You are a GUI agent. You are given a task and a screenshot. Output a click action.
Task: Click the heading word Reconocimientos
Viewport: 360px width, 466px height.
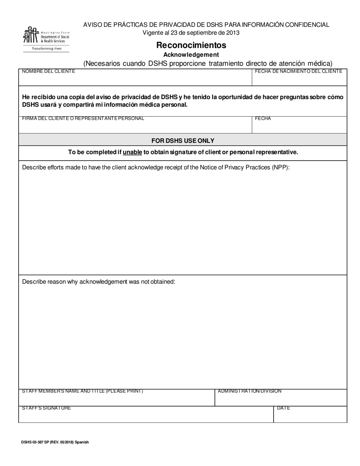click(x=191, y=45)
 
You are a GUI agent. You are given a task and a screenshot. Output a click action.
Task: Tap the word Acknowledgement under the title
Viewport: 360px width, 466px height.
click(x=191, y=55)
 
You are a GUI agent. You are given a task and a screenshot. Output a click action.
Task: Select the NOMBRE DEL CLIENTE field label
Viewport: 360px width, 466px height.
click(x=49, y=71)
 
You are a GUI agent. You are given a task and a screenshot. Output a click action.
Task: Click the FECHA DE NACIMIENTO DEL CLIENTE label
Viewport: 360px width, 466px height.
click(x=299, y=71)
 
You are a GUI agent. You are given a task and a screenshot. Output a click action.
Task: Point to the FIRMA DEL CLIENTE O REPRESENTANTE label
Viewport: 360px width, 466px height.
click(x=83, y=119)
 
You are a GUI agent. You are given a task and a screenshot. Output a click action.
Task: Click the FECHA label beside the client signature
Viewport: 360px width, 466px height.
click(x=263, y=119)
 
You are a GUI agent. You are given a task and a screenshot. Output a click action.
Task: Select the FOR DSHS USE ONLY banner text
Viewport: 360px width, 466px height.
click(x=183, y=141)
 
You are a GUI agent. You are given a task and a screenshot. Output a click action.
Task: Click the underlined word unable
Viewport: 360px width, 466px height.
click(x=132, y=152)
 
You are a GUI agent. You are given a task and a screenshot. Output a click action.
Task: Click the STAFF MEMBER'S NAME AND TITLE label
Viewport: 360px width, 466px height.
click(x=83, y=391)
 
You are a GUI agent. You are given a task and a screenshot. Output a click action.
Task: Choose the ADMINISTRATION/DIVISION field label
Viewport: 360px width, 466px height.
click(x=249, y=391)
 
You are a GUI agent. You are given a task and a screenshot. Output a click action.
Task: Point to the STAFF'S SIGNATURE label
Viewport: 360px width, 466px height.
click(x=46, y=408)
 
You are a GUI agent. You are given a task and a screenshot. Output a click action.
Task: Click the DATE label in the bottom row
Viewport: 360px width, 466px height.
click(x=283, y=408)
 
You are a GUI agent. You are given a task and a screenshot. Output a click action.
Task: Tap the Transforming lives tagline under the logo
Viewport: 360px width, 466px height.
click(x=46, y=48)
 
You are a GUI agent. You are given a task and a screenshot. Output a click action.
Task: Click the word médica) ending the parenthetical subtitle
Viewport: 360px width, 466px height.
click(x=320, y=63)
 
